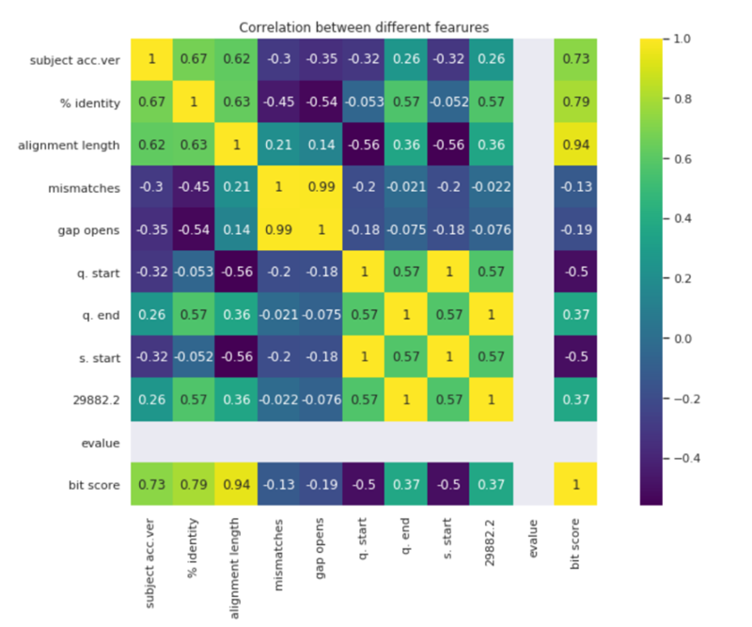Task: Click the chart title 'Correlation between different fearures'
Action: click(364, 27)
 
